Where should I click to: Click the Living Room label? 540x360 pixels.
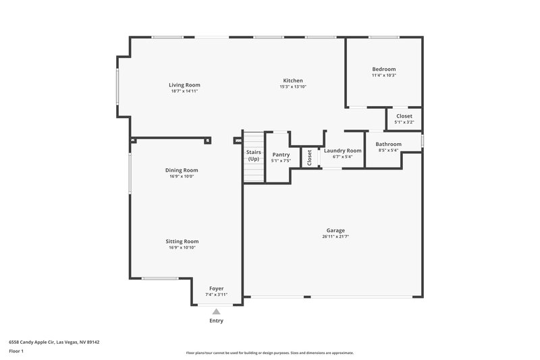(x=184, y=85)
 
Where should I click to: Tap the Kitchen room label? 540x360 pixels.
(x=293, y=80)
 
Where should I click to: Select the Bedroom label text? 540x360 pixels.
(x=383, y=69)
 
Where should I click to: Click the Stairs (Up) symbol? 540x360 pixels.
(x=253, y=156)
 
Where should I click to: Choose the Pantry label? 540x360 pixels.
(x=281, y=155)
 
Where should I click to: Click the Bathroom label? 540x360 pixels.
(x=388, y=144)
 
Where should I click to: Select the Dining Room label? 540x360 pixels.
(x=182, y=170)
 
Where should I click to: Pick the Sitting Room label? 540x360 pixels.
(x=182, y=241)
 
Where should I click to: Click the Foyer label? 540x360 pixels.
(x=216, y=288)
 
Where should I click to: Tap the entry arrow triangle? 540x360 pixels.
(x=216, y=311)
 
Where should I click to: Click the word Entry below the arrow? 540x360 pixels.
(x=216, y=321)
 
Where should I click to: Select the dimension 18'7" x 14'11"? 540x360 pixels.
(x=184, y=91)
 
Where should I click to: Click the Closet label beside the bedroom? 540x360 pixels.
(x=404, y=116)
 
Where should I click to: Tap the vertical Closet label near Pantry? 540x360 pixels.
(x=310, y=157)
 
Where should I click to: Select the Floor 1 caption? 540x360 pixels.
(x=16, y=352)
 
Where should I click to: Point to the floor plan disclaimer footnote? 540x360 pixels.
(x=269, y=353)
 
